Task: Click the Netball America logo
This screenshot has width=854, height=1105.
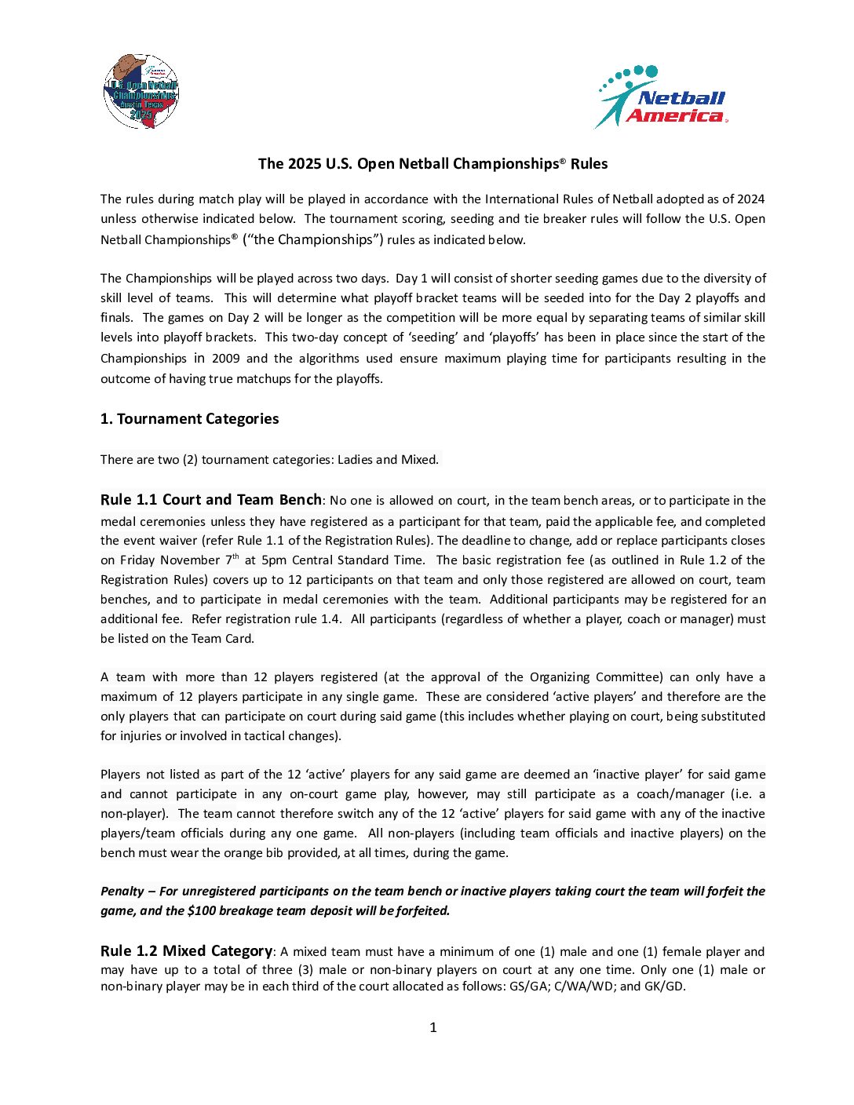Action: coord(662,97)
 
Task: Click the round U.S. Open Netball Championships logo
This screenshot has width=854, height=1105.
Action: coord(141,91)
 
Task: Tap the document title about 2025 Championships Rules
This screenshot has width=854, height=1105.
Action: coord(432,164)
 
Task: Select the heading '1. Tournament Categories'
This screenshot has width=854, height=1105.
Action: coord(189,419)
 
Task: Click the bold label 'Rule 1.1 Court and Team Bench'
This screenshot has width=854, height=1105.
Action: coord(210,500)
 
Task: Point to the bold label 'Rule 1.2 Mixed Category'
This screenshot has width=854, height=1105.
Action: coord(186,951)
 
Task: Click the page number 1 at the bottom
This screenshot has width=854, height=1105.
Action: coord(432,1027)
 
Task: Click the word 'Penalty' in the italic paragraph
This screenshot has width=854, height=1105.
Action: coord(122,892)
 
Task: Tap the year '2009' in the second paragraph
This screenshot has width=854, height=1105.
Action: coord(224,359)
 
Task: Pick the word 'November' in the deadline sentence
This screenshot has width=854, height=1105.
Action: coord(191,560)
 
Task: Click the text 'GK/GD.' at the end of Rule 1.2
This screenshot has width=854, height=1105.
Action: coord(664,986)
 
